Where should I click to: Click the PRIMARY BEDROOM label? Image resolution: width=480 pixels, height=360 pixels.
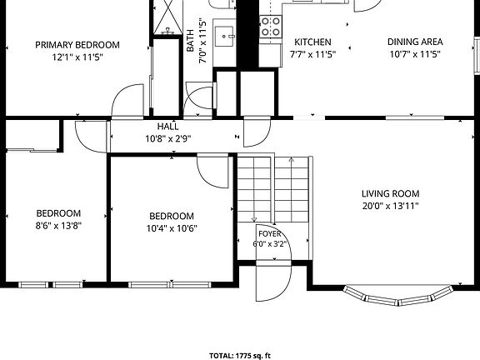(77, 45)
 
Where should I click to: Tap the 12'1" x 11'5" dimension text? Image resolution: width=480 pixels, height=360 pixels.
(77, 57)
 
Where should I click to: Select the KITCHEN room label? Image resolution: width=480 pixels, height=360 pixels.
(312, 42)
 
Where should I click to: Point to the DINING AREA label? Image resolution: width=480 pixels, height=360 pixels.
(415, 42)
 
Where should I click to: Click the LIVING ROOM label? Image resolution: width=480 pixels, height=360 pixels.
(391, 193)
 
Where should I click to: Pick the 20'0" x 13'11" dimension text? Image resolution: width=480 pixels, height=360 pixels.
(391, 206)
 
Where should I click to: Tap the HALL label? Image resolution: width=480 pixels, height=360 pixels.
(168, 127)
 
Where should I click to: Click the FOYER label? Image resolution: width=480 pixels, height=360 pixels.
(270, 234)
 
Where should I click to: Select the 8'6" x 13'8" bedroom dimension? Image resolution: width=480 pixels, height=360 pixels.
(58, 226)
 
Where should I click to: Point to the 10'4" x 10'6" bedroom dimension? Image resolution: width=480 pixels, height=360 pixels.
(172, 228)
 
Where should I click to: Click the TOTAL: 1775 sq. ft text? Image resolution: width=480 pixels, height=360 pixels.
(240, 356)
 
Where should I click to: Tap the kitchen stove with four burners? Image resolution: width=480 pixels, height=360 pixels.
(271, 27)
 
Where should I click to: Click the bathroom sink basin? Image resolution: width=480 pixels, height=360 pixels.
(225, 36)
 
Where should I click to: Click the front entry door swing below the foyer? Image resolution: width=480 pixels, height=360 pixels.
(273, 282)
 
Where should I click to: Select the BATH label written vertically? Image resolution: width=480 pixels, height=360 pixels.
(190, 41)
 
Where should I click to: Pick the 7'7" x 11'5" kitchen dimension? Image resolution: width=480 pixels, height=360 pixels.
(312, 54)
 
